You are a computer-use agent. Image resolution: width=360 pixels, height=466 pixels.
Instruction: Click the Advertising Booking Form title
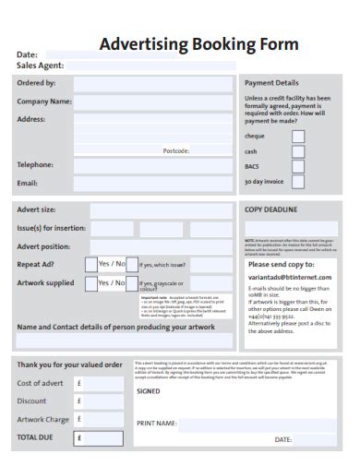198,43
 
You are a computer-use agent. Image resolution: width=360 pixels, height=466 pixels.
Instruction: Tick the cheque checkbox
298,136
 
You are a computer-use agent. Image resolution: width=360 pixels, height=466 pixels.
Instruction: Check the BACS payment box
298,167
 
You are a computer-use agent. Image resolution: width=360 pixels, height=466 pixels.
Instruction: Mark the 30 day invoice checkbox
298,183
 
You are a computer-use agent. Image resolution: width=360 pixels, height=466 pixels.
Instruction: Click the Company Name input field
153,102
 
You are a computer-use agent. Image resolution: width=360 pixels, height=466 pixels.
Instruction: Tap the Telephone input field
153,165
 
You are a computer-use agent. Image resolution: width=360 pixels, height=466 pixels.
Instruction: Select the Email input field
153,184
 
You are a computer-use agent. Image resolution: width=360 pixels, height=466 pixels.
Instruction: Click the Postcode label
176,150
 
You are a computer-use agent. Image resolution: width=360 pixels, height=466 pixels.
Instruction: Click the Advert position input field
161,246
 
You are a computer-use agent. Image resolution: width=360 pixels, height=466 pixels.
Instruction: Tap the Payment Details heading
271,83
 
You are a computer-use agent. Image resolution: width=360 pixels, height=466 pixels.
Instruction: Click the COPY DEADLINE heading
270,210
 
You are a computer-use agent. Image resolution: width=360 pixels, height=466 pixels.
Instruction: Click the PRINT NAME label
157,424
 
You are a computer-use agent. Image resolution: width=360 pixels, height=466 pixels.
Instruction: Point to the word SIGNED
149,391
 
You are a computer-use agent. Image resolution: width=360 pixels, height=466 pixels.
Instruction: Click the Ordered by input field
153,84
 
